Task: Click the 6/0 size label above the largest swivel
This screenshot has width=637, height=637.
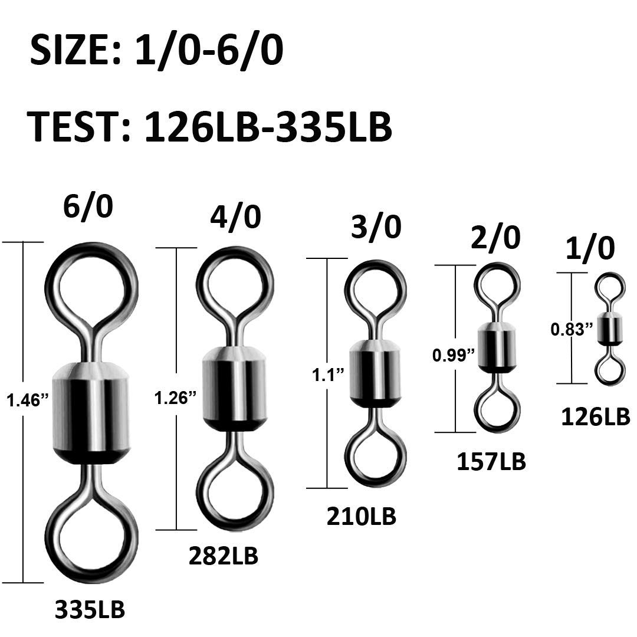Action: pos(88,206)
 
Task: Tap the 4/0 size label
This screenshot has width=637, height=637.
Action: pos(235,217)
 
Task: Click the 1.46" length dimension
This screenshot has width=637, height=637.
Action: pos(27,400)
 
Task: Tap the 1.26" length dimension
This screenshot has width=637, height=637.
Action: pos(176,398)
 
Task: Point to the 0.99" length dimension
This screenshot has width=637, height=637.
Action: pos(454,355)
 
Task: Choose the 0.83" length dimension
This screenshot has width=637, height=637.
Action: pos(572,329)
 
